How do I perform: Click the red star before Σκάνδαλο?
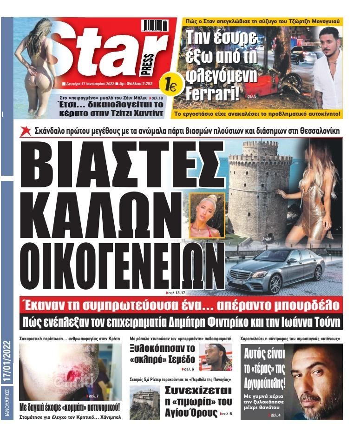pos(26,131)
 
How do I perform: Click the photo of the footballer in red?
pos(216,357)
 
